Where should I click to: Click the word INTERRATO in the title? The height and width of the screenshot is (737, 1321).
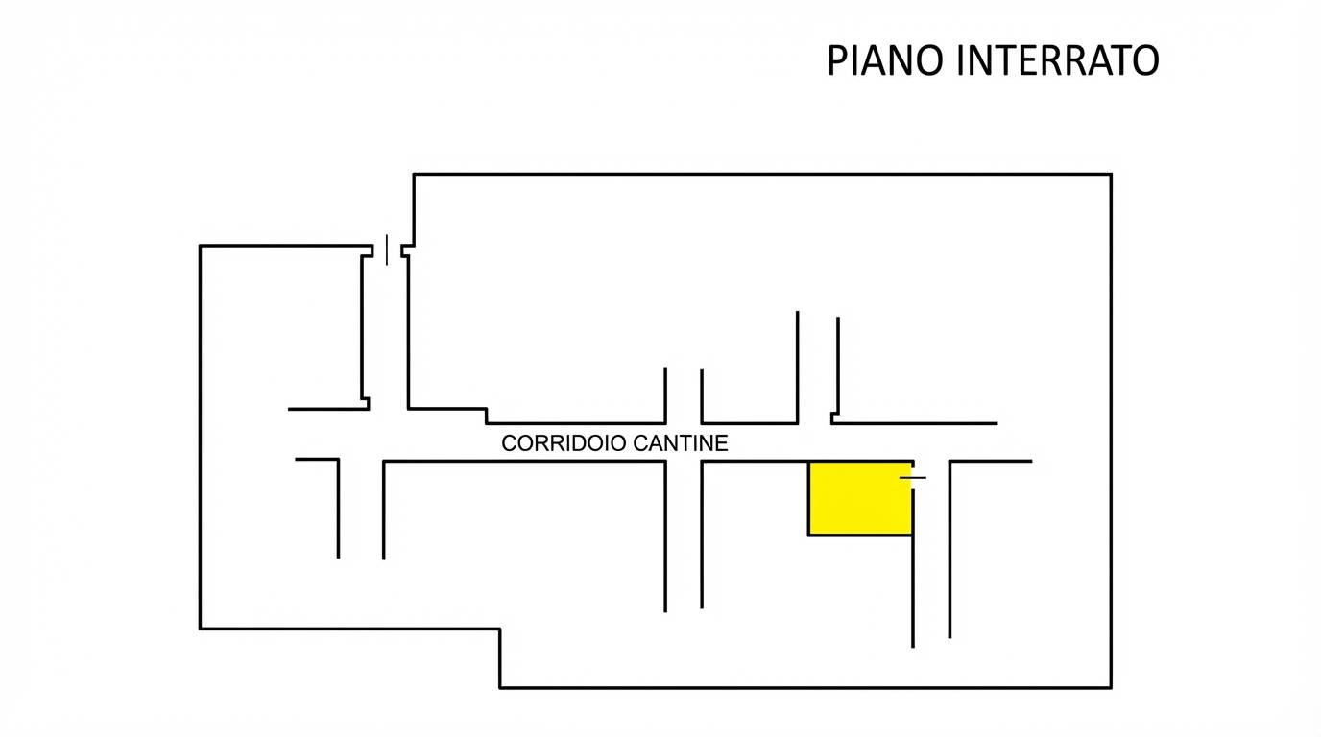[1058, 60]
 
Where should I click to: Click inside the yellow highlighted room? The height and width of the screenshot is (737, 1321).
[859, 498]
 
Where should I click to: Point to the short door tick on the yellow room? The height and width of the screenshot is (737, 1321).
[913, 477]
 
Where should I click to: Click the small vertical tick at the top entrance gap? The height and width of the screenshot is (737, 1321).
[387, 250]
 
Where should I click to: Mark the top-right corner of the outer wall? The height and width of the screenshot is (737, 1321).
[1111, 175]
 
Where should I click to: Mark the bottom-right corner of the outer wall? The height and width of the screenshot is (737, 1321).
[1111, 687]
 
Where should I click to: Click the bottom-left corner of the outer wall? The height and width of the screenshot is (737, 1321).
[201, 629]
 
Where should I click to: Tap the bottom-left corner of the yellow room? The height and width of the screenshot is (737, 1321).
[808, 535]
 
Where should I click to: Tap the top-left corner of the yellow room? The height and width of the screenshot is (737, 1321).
[808, 462]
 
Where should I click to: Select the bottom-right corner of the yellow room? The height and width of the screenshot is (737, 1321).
[912, 535]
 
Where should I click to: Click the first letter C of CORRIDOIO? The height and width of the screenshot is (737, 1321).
[510, 443]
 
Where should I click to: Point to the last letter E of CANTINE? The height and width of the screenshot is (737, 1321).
[721, 443]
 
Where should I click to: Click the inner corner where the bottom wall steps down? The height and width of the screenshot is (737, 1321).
[500, 629]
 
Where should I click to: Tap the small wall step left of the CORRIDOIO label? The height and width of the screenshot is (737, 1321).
[487, 415]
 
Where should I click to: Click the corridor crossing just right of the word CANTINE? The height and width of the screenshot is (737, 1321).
[684, 442]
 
